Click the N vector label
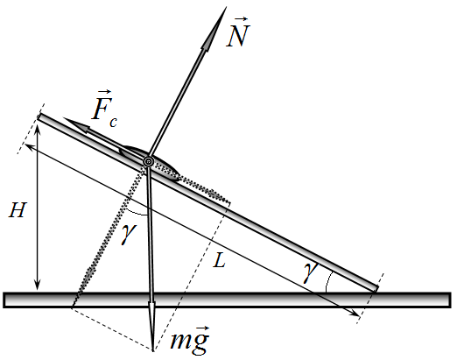pos(238,32)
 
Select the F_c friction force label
pos(104,109)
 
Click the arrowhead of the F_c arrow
pos(75,125)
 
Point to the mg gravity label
pos(190,339)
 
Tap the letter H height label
pos(18,210)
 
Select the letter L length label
pos(219,260)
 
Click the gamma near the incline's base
pos(310,272)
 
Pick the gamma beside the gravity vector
pos(129,234)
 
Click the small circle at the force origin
pos(149,161)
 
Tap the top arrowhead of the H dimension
pos(37,129)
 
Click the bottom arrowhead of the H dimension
pos(37,286)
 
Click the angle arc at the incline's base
pos(327,281)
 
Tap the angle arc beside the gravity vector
pos(136,213)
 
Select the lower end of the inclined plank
pos(376,288)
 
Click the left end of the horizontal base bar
pos(4,300)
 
